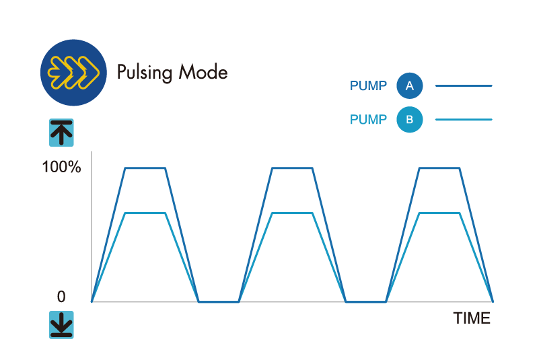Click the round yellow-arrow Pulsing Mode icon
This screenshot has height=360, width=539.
[73, 73]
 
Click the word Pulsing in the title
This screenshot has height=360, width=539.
[145, 73]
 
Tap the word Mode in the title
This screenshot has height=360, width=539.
[203, 71]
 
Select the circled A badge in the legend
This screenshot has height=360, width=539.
[409, 85]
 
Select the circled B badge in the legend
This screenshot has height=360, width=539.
[409, 119]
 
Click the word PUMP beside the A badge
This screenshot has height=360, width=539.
[368, 85]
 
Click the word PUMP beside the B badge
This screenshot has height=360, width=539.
[368, 119]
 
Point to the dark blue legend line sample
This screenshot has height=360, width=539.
[464, 85]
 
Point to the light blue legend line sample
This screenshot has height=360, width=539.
[464, 119]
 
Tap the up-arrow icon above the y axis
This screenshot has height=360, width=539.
[61, 133]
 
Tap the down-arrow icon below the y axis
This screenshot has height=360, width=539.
[61, 325]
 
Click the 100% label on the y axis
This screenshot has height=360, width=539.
[61, 167]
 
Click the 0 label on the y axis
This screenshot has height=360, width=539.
[61, 296]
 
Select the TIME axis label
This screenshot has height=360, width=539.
[472, 318]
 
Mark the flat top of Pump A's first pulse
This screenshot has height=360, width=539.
[145, 168]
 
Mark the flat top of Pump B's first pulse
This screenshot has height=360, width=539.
[145, 213]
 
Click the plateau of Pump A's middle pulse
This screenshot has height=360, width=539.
[292, 168]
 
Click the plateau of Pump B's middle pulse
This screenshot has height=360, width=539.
[292, 213]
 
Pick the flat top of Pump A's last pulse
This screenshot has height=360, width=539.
[439, 168]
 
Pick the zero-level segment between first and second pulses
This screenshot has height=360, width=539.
[219, 302]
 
